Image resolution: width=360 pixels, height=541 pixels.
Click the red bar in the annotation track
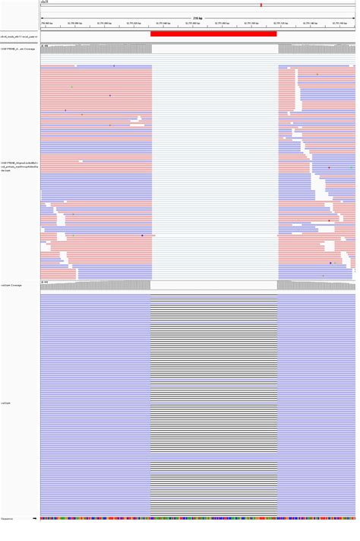tap(213, 33)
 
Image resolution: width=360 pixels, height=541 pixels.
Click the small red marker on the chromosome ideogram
tap(261, 5)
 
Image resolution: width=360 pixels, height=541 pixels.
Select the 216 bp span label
tap(197, 17)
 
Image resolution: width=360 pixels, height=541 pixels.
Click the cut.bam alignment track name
tap(5, 403)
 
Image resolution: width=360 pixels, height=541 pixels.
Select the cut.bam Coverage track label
tap(11, 285)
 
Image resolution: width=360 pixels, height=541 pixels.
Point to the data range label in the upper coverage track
tap(45, 46)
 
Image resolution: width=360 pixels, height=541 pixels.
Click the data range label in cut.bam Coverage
tap(45, 282)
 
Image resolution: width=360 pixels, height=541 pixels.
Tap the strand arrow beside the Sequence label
tap(35, 519)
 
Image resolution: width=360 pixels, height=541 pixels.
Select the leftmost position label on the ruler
tap(46, 24)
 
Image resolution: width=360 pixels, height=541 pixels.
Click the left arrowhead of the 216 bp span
tap(42, 17)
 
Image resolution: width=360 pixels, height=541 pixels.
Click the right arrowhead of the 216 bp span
tap(352, 17)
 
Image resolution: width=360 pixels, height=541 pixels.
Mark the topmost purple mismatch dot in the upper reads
tap(114, 66)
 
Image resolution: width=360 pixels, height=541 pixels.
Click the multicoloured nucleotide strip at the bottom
tap(197, 519)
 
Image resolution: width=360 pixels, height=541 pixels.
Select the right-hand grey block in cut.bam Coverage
tap(315, 286)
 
